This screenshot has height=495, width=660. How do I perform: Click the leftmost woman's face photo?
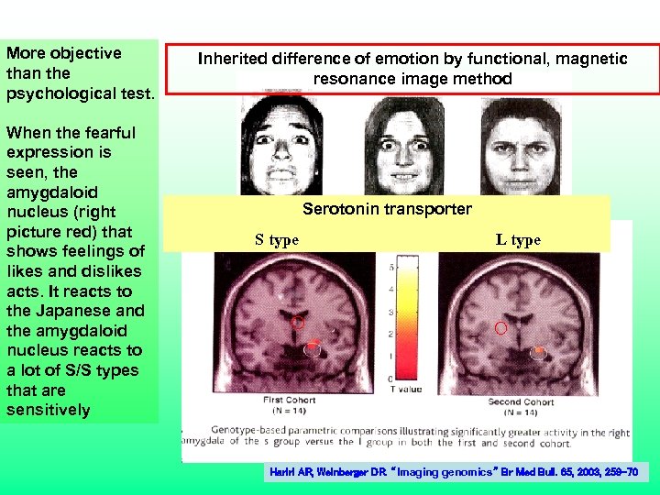pyautogui.click(x=285, y=145)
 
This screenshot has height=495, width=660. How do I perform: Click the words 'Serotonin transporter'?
pyautogui.click(x=387, y=209)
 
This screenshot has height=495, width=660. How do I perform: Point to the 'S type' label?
pyautogui.click(x=277, y=240)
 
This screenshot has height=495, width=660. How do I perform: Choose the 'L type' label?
pyautogui.click(x=518, y=240)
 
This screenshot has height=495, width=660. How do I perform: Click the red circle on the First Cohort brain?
pyautogui.click(x=297, y=323)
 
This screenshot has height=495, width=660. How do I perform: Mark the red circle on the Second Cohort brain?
pyautogui.click(x=500, y=327)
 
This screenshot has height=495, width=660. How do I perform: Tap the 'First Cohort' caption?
pyautogui.click(x=289, y=400)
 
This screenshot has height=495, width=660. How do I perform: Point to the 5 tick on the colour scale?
pyautogui.click(x=391, y=268)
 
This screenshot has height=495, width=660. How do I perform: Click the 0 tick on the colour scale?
pyautogui.click(x=391, y=378)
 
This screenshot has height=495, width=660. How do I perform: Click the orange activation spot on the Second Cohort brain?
pyautogui.click(x=540, y=349)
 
